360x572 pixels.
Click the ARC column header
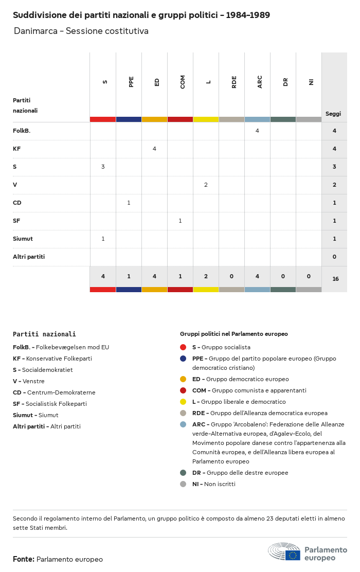coord(260,82)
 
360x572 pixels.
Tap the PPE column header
coord(131,82)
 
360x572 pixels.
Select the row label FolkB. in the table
coord(22,131)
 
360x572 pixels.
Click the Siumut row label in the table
coord(23,239)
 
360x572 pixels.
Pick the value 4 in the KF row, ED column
coord(154,149)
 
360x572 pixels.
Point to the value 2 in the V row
coord(206,185)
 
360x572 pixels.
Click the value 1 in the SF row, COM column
coord(180,221)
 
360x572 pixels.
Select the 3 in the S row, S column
coord(103,167)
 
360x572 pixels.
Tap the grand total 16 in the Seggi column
coord(335,279)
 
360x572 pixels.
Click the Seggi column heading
coord(333,114)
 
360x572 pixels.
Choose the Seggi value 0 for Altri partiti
coord(334,257)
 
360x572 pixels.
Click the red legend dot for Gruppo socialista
coord(183,347)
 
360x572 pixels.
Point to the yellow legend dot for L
coord(183,402)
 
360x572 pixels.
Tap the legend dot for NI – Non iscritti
coord(183,484)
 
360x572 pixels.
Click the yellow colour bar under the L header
coord(206,119)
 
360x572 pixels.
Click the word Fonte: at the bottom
coord(24,559)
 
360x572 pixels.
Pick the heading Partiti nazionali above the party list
coord(44,334)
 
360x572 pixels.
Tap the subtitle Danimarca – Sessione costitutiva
coord(81,31)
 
